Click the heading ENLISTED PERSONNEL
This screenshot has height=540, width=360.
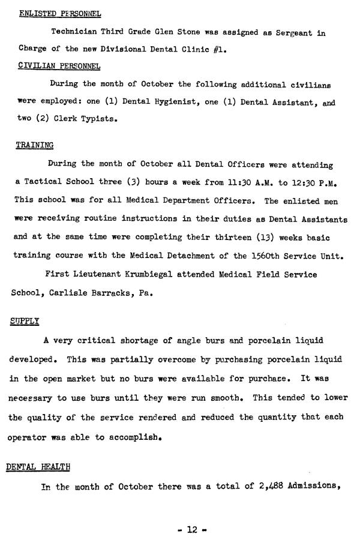[60, 13]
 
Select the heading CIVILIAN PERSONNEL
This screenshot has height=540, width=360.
[59, 65]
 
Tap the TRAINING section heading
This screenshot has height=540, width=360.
[34, 145]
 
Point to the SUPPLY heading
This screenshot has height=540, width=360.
[25, 321]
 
